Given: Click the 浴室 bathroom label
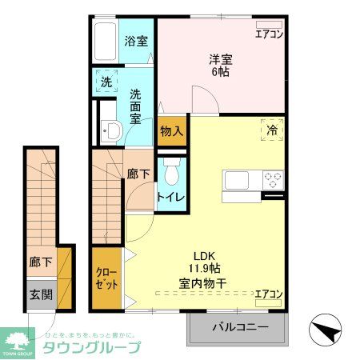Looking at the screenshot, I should (x=135, y=41).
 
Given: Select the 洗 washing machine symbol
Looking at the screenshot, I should (x=106, y=82).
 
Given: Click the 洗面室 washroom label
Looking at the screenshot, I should (x=136, y=105).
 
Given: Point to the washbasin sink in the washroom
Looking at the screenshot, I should (x=111, y=130).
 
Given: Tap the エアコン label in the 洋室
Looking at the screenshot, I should (x=268, y=34).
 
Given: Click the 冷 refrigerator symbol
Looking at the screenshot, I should (x=272, y=128).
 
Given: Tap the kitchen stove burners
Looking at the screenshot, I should (x=272, y=179).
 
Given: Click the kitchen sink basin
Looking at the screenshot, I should (x=238, y=179).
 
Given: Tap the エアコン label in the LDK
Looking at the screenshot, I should (x=268, y=294).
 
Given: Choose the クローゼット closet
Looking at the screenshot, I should (x=106, y=279).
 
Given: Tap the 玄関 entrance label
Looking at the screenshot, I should (x=42, y=294).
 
